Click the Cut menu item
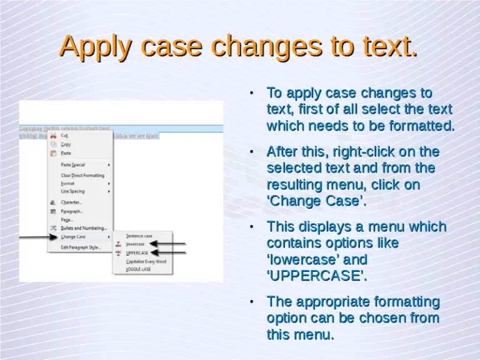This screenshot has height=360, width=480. point(64,135)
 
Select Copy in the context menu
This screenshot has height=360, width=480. point(66,144)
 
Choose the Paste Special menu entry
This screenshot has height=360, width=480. point(72,164)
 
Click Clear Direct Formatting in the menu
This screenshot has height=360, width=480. point(82,176)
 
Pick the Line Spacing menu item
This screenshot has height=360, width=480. point(72,191)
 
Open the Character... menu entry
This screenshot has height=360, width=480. point(71,202)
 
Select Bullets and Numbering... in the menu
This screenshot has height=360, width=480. point(83,228)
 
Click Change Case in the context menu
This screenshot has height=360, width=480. point(73,237)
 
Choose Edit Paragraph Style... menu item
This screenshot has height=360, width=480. point(81,247)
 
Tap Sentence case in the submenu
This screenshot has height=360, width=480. point(139,236)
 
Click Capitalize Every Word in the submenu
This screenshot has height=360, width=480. point(146,261)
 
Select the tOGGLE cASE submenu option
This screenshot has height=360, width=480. point(138,269)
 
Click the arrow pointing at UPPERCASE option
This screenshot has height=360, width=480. point(169,252)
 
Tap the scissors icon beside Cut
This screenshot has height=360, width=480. point(53,134)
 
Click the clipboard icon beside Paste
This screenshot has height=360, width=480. point(53,153)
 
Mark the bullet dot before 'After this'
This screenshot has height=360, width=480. point(251,152)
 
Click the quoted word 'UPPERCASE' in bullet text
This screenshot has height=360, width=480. point(316,276)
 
